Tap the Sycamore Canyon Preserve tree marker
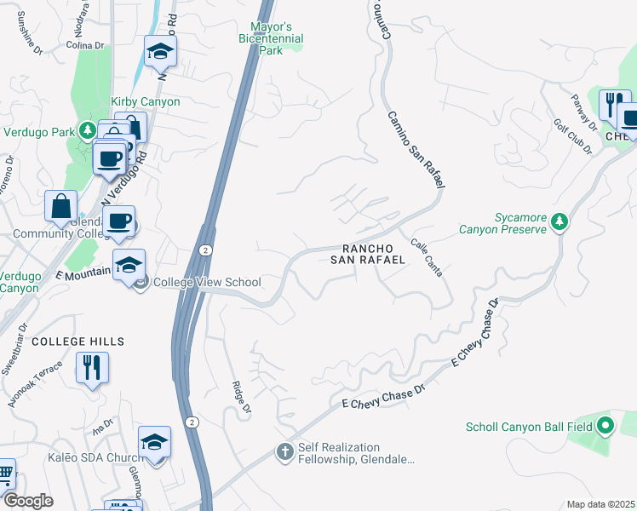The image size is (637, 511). point(559,222)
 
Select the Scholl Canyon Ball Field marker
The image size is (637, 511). point(605,424)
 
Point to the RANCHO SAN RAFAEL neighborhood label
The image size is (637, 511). point(367,254)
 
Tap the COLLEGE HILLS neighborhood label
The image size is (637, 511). point(78,342)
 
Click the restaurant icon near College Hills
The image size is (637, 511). point(92,368)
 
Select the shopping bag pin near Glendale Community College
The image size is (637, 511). point(61,205)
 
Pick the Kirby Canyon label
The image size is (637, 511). point(146,102)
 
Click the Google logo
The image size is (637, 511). point(27,501)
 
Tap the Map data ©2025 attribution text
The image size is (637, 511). point(600,504)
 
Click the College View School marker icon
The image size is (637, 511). point(142,282)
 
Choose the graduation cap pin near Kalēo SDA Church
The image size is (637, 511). point(154,442)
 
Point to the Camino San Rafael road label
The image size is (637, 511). point(416,149)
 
